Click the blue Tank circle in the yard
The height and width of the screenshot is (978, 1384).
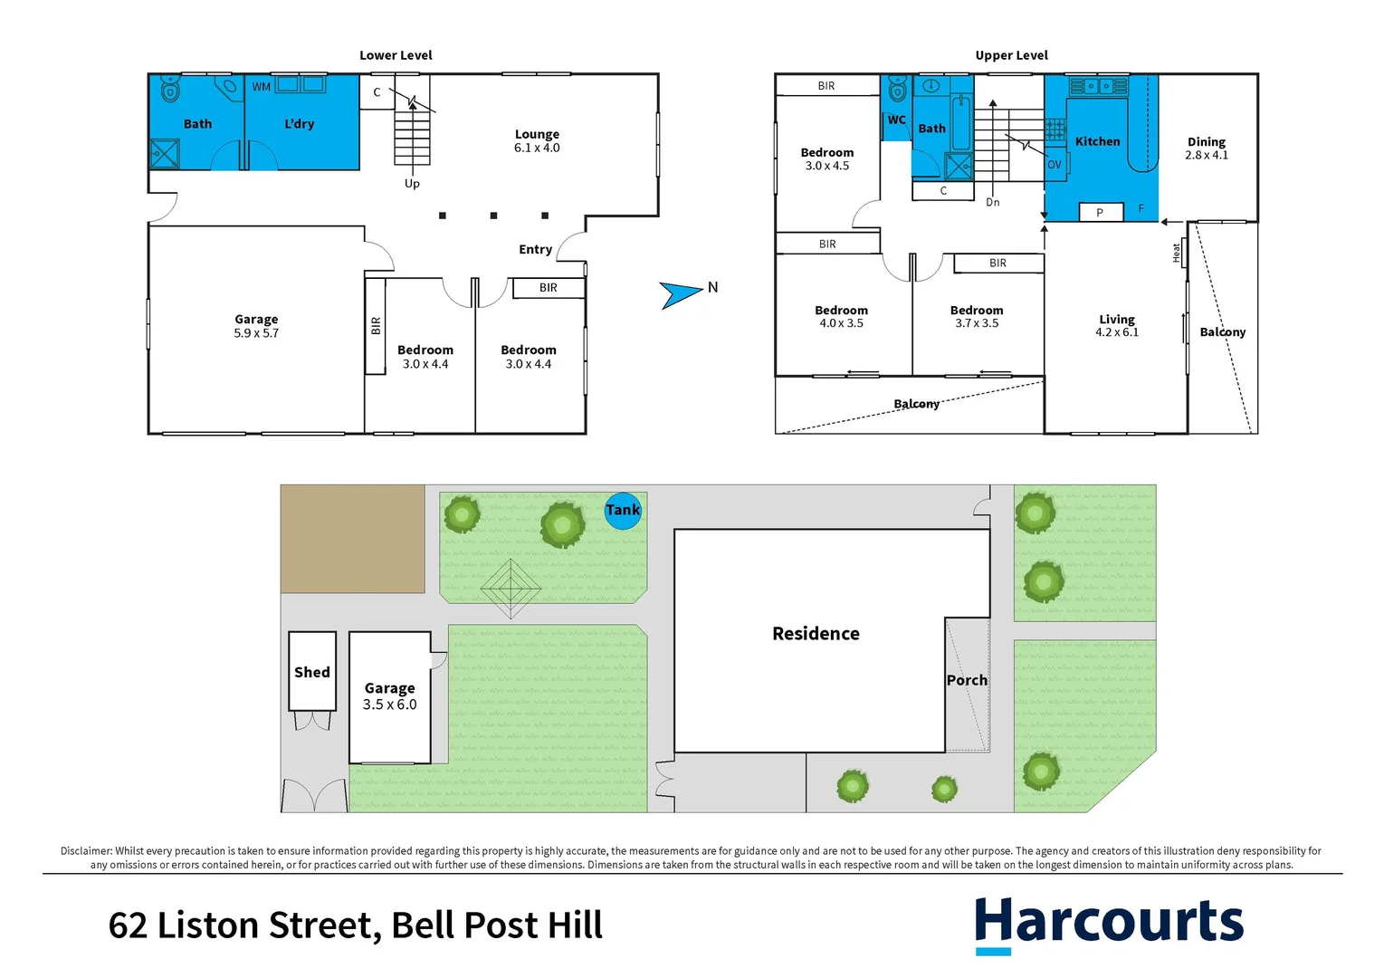coord(623,511)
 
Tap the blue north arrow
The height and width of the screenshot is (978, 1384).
coord(681,293)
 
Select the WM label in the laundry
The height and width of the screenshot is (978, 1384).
coord(262,87)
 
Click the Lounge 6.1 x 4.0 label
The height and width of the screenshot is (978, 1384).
coord(537,141)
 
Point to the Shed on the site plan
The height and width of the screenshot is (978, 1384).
coord(312,672)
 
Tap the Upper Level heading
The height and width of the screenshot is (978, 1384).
coord(1011,55)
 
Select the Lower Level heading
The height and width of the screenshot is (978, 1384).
coord(396,55)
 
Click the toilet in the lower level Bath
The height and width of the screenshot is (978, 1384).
coord(169,89)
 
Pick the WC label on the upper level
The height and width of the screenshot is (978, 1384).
coord(896,120)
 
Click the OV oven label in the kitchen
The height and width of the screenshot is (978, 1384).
coord(1054,165)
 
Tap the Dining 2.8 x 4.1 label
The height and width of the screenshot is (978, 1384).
coord(1207,149)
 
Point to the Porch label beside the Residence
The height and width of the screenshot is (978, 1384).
coord(967,680)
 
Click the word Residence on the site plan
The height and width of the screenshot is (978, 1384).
coord(816,634)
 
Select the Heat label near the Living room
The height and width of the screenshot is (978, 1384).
coord(1176,253)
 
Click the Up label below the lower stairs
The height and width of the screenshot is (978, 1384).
coord(412,184)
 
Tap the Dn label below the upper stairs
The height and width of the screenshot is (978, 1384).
coord(993,202)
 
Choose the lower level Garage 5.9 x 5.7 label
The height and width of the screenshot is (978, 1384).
coord(256,326)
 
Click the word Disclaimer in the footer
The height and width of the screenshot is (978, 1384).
coord(86,851)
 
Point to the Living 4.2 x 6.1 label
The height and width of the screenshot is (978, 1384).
coord(1117,326)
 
